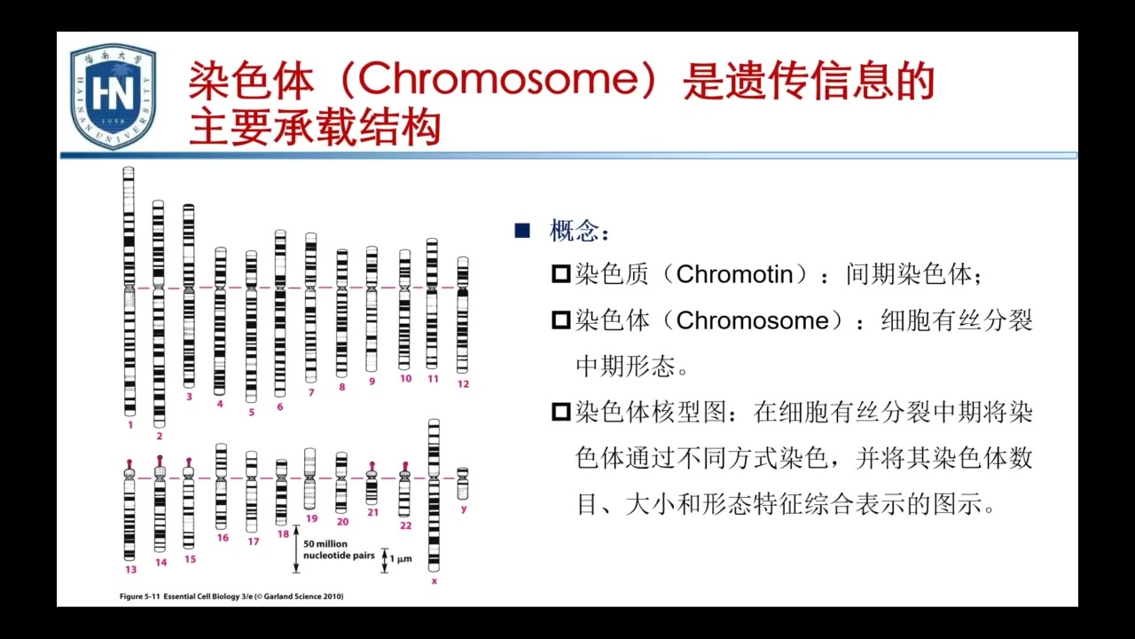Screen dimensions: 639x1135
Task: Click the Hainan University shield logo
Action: tap(113, 96)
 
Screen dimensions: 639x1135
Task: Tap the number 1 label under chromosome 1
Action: tap(129, 425)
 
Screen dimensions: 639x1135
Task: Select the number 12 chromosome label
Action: tap(463, 384)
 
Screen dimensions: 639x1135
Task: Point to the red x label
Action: tap(434, 581)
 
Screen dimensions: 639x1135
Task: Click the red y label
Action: tap(464, 509)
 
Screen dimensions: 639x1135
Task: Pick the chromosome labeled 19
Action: tap(310, 478)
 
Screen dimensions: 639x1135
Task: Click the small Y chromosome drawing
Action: tap(462, 484)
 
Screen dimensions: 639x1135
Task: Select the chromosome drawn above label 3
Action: tap(188, 295)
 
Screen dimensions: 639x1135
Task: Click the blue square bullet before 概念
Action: tap(522, 232)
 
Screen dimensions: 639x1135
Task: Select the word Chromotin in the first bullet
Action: tap(734, 275)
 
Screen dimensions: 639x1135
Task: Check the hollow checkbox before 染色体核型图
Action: tap(560, 412)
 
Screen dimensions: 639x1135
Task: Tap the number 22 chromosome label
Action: tap(405, 525)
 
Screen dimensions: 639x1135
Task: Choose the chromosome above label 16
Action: tap(221, 486)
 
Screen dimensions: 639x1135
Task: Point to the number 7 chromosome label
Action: tap(311, 391)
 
